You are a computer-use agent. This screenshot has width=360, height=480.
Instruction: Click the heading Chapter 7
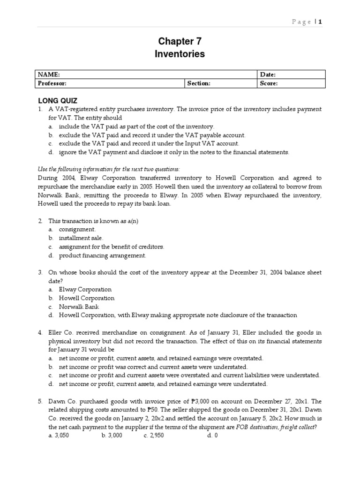pos(180,41)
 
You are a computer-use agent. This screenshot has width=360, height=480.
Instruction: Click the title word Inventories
pos(180,54)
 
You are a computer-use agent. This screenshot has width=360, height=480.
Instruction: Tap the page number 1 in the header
pos(321,22)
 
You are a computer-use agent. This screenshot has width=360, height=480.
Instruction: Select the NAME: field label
pos(49,75)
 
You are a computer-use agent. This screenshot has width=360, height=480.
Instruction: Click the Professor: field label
pos(52,83)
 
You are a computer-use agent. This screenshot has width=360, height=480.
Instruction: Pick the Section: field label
pos(199,83)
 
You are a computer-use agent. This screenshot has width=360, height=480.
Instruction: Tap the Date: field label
pos(268,75)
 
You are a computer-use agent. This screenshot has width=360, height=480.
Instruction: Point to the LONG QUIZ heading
pos(58,100)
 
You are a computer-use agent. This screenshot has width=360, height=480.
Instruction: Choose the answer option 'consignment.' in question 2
pos(77,229)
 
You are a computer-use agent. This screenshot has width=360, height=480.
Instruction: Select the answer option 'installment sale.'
pos(81,238)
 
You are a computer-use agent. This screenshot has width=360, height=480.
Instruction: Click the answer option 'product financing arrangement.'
pos(102,255)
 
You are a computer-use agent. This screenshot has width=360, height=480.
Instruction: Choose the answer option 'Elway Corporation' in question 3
pos(85,289)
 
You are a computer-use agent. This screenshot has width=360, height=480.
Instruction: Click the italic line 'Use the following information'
pos(108,169)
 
